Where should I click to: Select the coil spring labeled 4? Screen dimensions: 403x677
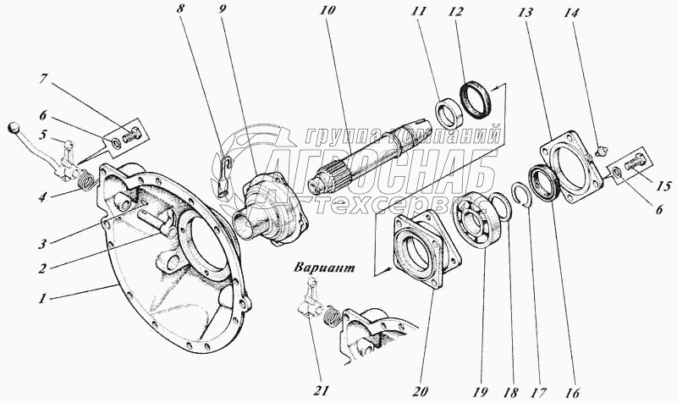point(84,179)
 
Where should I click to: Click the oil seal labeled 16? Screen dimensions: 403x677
point(545,181)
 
